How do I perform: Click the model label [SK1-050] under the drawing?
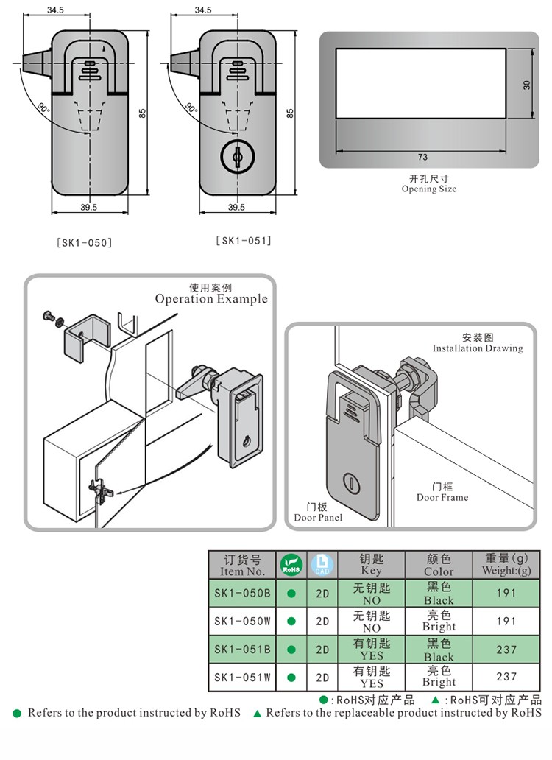(85, 242)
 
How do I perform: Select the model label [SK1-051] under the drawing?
(244, 240)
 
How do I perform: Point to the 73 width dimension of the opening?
(422, 157)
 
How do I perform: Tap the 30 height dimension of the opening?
(526, 84)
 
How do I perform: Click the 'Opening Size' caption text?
(429, 189)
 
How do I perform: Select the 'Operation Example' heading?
(211, 298)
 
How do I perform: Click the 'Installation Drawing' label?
(478, 348)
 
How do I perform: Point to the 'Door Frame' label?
(442, 497)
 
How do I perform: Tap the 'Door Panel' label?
(318, 517)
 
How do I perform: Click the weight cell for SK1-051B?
(506, 650)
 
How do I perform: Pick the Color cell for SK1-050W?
(439, 621)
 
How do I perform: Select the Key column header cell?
(372, 565)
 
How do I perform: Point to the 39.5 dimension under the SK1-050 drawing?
(88, 208)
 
